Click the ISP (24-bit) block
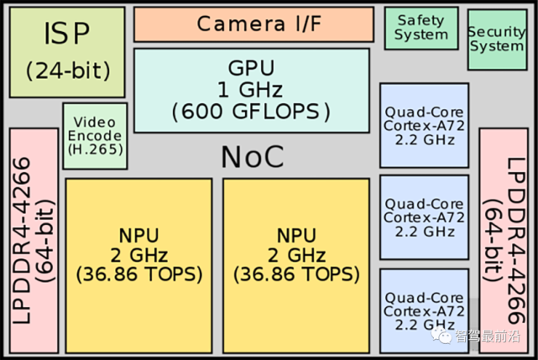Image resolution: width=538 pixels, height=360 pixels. [67, 52]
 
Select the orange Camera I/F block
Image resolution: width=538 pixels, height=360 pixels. [253, 24]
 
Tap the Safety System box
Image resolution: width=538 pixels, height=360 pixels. [421, 29]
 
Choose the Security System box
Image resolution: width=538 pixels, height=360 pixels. [497, 39]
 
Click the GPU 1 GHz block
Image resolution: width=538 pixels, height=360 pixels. [252, 91]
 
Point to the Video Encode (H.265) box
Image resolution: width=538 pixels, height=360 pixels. [95, 136]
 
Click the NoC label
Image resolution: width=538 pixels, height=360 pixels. [253, 157]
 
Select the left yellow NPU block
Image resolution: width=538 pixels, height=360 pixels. [139, 266]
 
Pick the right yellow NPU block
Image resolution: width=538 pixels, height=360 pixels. [296, 266]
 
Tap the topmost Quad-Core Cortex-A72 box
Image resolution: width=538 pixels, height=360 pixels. [424, 125]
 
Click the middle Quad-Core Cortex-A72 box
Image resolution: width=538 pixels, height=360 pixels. [424, 217]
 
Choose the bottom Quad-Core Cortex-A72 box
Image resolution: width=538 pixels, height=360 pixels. [424, 311]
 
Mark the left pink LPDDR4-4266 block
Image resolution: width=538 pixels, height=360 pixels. [34, 241]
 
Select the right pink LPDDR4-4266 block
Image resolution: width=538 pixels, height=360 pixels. [504, 241]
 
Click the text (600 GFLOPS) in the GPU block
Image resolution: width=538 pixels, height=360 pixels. [251, 112]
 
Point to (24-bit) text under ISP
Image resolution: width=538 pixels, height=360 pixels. [68, 71]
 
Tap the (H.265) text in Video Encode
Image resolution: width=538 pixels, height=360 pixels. [96, 149]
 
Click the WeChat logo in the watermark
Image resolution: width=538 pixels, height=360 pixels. [441, 335]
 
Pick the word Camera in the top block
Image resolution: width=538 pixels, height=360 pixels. [241, 24]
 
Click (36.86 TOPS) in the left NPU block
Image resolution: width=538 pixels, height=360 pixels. [139, 274]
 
